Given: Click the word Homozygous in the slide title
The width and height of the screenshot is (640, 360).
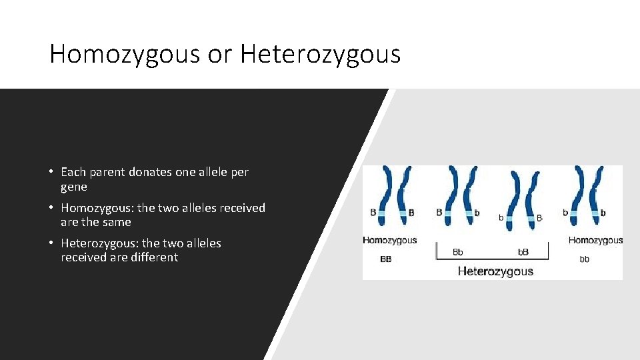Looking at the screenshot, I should point(125,54).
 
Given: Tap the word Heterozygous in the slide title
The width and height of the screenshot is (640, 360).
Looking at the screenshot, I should point(321,54).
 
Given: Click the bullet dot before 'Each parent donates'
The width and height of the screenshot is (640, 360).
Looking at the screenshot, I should point(51,172).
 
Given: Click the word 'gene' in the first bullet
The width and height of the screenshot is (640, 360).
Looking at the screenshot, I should point(74,187).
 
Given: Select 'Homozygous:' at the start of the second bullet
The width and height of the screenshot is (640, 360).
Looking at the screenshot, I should point(97,208).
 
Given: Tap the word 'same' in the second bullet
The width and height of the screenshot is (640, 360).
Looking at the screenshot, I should point(117,222).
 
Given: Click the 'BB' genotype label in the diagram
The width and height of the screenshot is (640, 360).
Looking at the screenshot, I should point(386,259).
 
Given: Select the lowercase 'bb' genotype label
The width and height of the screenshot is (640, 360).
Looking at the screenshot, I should point(584,259).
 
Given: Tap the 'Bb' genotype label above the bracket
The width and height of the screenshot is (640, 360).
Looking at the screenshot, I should point(458,253).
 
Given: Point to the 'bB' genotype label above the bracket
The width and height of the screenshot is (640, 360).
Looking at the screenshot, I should point(523,253).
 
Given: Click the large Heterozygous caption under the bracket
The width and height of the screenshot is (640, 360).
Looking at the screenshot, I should point(495,271).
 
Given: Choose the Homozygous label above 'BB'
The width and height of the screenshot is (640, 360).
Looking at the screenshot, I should point(389,241).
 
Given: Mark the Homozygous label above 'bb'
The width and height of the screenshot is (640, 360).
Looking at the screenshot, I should point(595,241).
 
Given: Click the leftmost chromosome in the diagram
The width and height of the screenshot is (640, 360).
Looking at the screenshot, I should point(385,197).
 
